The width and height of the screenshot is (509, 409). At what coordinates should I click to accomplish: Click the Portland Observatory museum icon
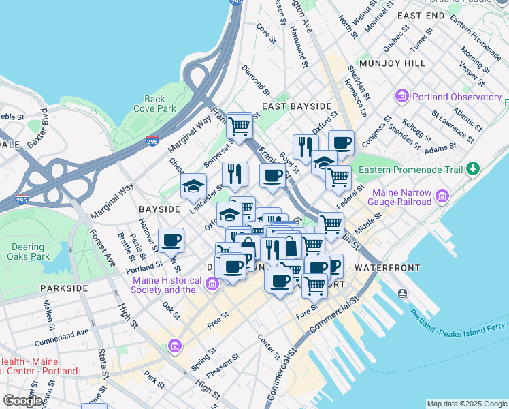point(401,97)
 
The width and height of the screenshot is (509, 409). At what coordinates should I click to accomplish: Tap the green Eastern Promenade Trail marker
point(472,168)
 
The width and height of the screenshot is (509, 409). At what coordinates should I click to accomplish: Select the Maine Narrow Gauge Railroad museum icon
point(443,196)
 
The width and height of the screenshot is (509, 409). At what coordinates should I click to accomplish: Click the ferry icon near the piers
point(403,294)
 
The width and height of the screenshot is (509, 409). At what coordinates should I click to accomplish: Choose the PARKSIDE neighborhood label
point(63,288)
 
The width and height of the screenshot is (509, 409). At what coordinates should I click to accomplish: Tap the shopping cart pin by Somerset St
point(240,127)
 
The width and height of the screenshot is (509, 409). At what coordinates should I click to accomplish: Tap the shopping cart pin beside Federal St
point(338,179)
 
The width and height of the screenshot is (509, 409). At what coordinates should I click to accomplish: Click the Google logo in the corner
point(22,401)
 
